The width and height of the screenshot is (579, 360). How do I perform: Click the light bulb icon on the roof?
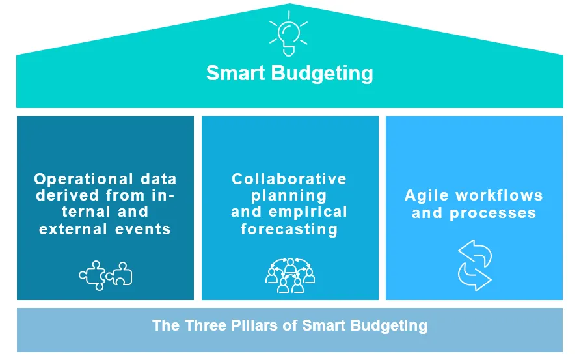coord(288,34)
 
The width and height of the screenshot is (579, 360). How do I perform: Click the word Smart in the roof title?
coord(236,73)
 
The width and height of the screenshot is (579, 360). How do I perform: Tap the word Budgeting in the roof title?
coord(323,74)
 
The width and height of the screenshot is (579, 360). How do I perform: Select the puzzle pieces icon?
coord(105,276)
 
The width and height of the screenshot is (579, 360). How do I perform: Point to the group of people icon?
coord(290,275)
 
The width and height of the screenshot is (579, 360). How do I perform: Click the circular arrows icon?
coord(474,266)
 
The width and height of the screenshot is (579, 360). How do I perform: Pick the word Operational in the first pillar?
coord(83,179)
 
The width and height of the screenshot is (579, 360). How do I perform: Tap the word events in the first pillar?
coord(143,230)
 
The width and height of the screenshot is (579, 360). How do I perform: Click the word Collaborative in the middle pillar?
coord(289,179)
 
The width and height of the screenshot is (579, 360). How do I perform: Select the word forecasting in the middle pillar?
coord(289,230)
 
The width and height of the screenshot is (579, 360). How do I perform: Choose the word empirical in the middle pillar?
coord(308,212)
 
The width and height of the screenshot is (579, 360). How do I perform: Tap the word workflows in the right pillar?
coord(499,195)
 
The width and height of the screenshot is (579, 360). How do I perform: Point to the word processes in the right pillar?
coord(492,214)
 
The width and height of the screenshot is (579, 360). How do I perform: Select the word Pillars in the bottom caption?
coord(254,325)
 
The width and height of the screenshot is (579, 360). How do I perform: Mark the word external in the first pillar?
coord(73,230)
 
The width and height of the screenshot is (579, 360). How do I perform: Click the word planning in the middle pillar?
coord(289,196)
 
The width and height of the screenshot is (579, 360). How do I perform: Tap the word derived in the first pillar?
coord(68,195)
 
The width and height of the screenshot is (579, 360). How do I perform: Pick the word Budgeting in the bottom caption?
coord(389,326)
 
